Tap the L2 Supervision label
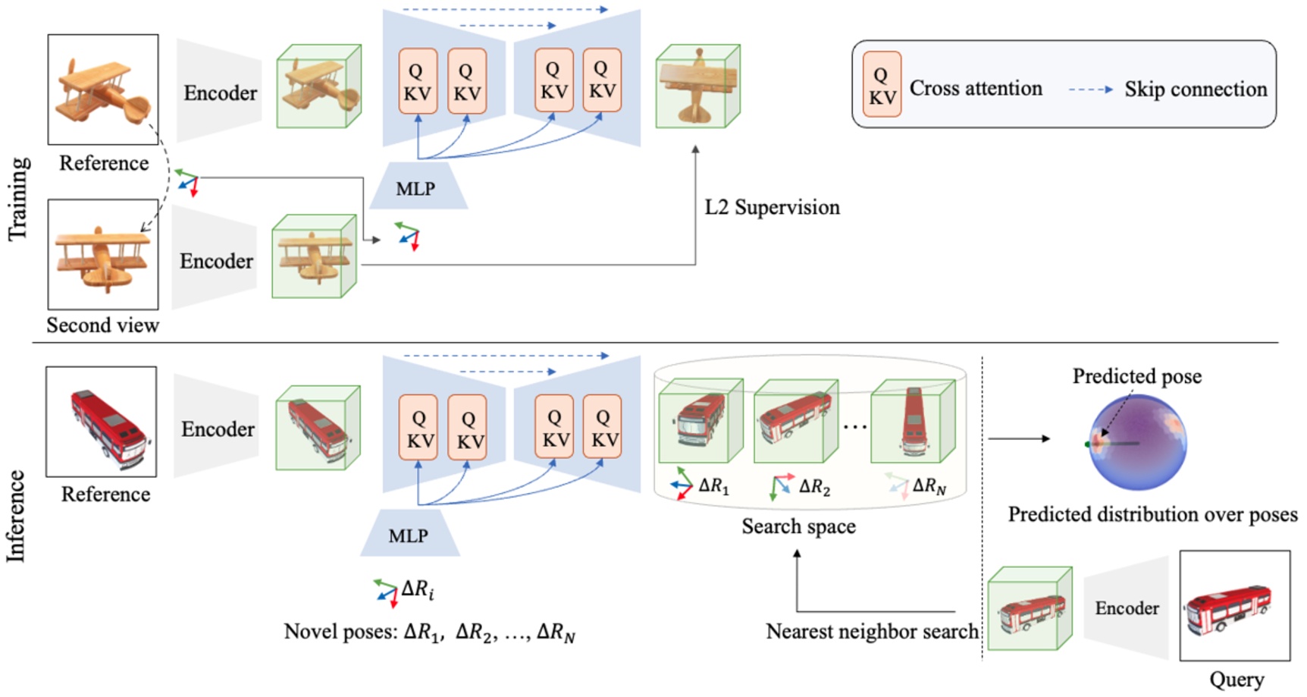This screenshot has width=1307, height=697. pyautogui.click(x=772, y=207)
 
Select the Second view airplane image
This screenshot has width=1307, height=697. pyautogui.click(x=103, y=254)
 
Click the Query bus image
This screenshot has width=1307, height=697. pyautogui.click(x=1234, y=605)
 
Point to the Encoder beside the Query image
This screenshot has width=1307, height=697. pyautogui.click(x=1127, y=608)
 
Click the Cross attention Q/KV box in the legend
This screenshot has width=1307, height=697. pyautogui.click(x=882, y=84)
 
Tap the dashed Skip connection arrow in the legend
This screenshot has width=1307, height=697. pyautogui.click(x=1090, y=89)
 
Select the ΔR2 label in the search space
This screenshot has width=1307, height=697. pyautogui.click(x=814, y=487)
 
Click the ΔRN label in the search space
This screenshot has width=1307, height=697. pyautogui.click(x=929, y=486)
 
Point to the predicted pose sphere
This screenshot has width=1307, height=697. pyautogui.click(x=1137, y=443)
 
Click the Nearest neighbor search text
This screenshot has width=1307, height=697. pyautogui.click(x=872, y=631)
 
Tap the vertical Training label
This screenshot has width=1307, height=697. pyautogui.click(x=18, y=199)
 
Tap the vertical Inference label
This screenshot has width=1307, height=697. pyautogui.click(x=17, y=516)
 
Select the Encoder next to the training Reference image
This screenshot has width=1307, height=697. pyautogui.click(x=220, y=93)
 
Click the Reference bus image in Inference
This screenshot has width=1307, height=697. pyautogui.click(x=102, y=422)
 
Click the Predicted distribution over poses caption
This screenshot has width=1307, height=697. pyautogui.click(x=1152, y=514)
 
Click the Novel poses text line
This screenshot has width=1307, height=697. pyautogui.click(x=429, y=632)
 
